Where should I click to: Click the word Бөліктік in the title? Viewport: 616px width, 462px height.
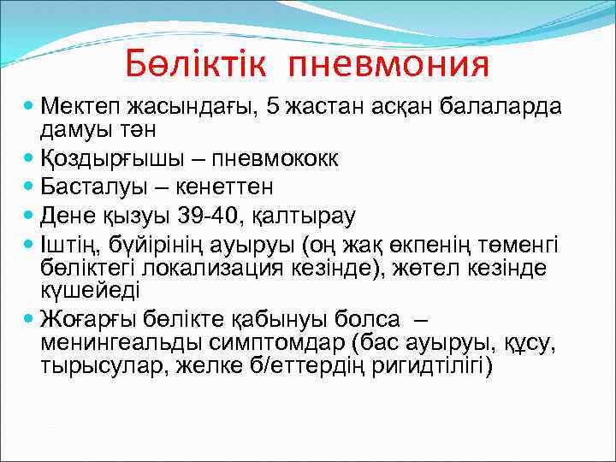point(198,63)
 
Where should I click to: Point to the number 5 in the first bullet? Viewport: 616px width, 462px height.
point(273,108)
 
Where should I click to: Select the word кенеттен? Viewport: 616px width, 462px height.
point(216,187)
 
